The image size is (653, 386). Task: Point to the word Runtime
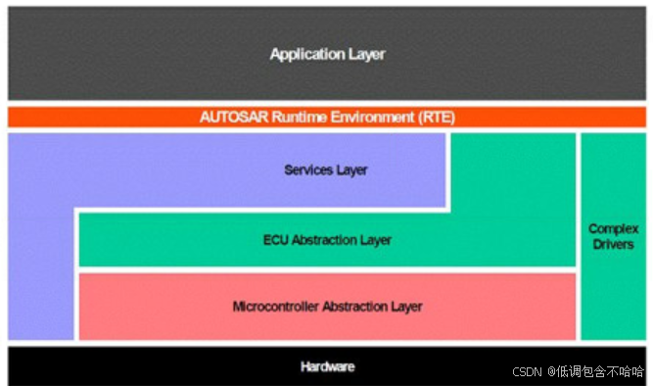[297, 118]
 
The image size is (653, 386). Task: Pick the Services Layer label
[326, 170]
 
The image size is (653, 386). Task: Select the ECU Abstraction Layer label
[327, 240]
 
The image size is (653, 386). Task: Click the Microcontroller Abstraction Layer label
[327, 307]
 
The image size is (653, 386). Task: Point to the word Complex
[614, 229]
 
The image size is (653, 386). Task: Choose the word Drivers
[614, 244]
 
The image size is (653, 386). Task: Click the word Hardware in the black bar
[327, 367]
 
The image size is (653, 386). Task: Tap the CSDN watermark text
[527, 372]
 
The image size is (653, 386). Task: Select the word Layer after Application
[367, 55]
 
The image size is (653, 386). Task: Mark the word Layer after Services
[351, 170]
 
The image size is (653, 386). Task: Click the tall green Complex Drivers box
[614, 294]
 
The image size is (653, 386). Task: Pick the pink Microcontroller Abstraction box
[147, 307]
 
